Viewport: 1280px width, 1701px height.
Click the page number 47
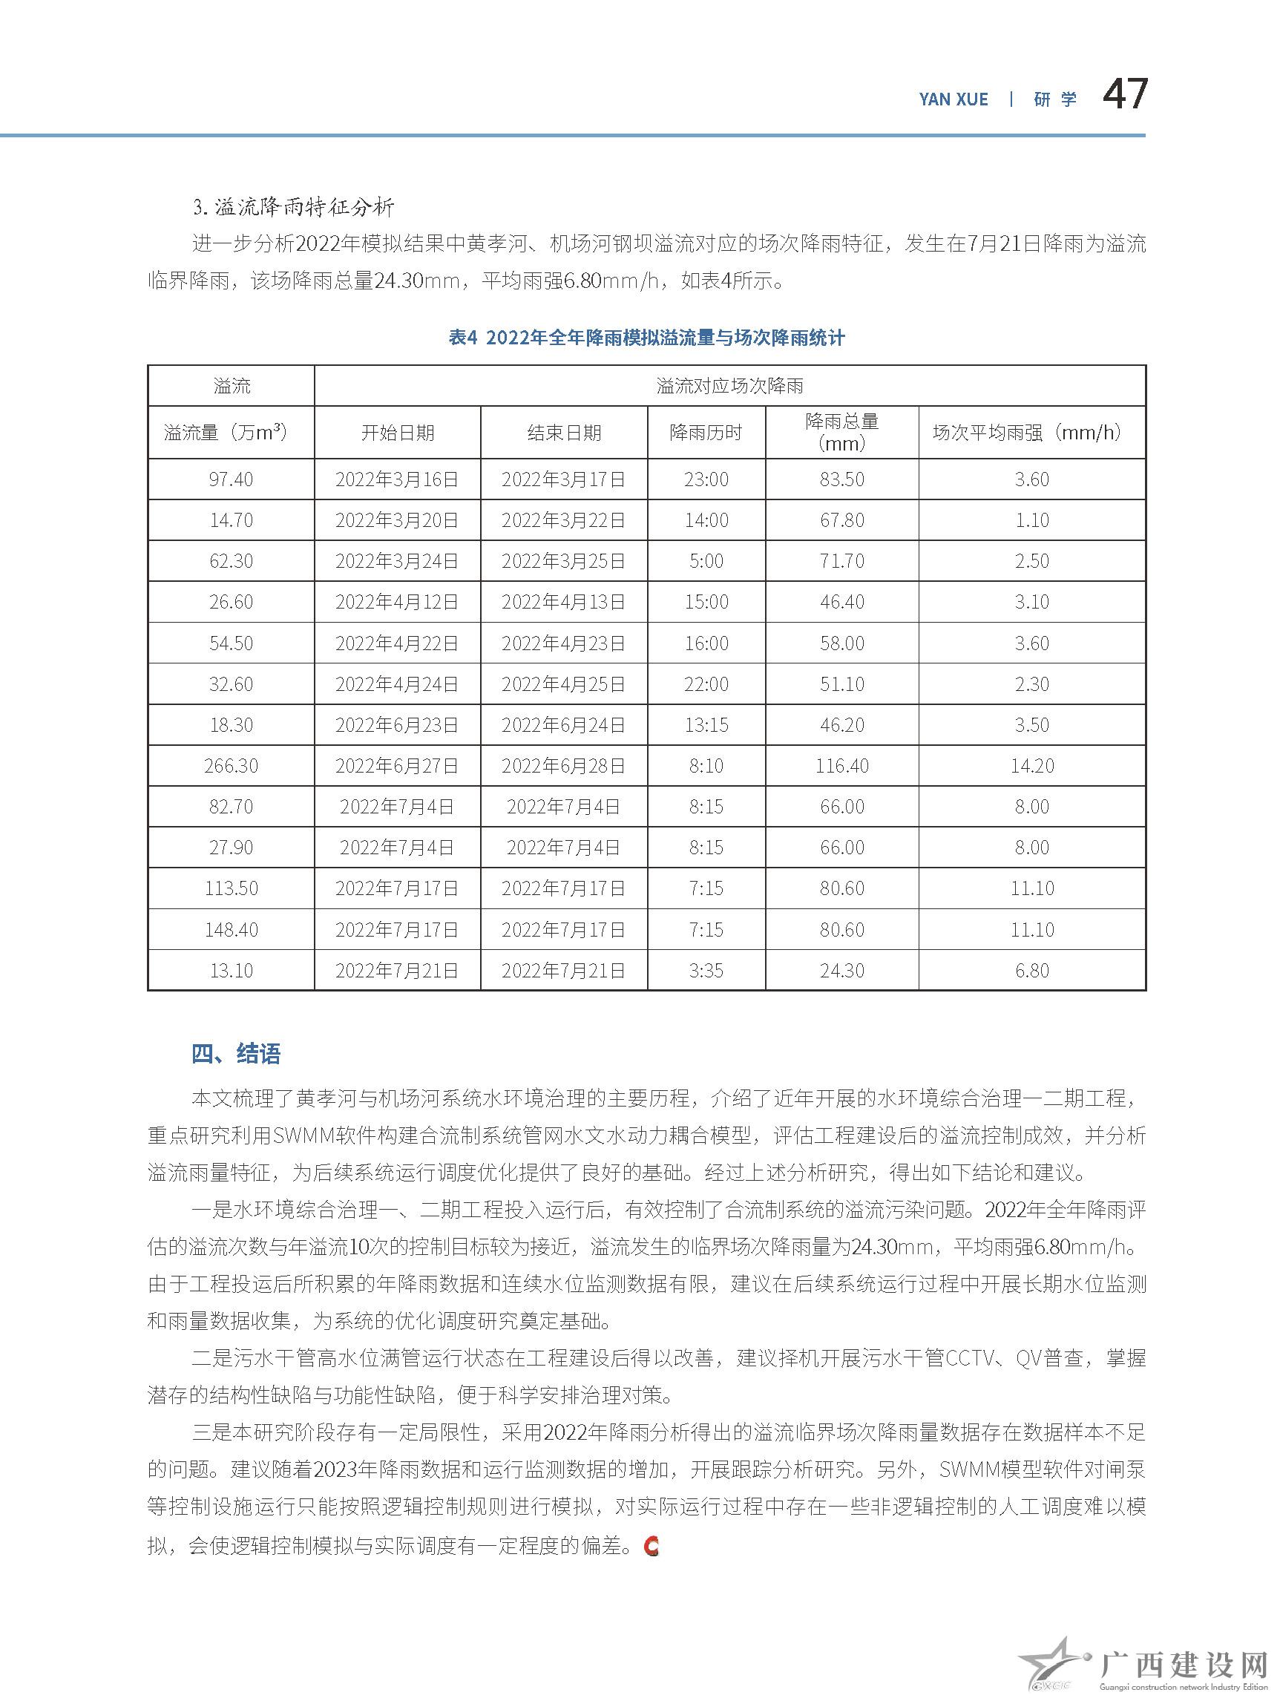tap(1125, 94)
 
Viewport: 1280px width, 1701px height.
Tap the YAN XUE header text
tap(954, 99)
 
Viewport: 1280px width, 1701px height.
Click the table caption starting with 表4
tap(646, 338)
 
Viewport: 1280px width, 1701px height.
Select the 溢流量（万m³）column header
tap(231, 433)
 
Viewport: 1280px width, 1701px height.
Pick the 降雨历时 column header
tap(706, 433)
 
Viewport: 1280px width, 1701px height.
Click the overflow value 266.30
tap(231, 766)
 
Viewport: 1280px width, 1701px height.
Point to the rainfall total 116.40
tap(841, 766)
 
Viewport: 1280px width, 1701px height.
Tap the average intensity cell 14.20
tap(1031, 766)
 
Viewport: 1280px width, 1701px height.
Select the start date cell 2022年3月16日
tap(397, 480)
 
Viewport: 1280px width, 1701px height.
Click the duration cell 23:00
tap(706, 480)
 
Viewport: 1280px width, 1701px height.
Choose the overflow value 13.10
tap(231, 971)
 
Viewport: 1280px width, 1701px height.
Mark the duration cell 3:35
tap(706, 971)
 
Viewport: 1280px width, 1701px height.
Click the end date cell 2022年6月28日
tap(563, 766)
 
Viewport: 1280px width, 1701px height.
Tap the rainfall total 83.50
tap(841, 480)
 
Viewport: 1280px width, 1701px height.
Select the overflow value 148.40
tap(231, 930)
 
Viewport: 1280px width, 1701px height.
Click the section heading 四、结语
tap(236, 1054)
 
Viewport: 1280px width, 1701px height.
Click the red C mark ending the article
tap(652, 1546)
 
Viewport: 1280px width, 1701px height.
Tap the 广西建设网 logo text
tap(1184, 1666)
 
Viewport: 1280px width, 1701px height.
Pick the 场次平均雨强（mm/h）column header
tap(1031, 433)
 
